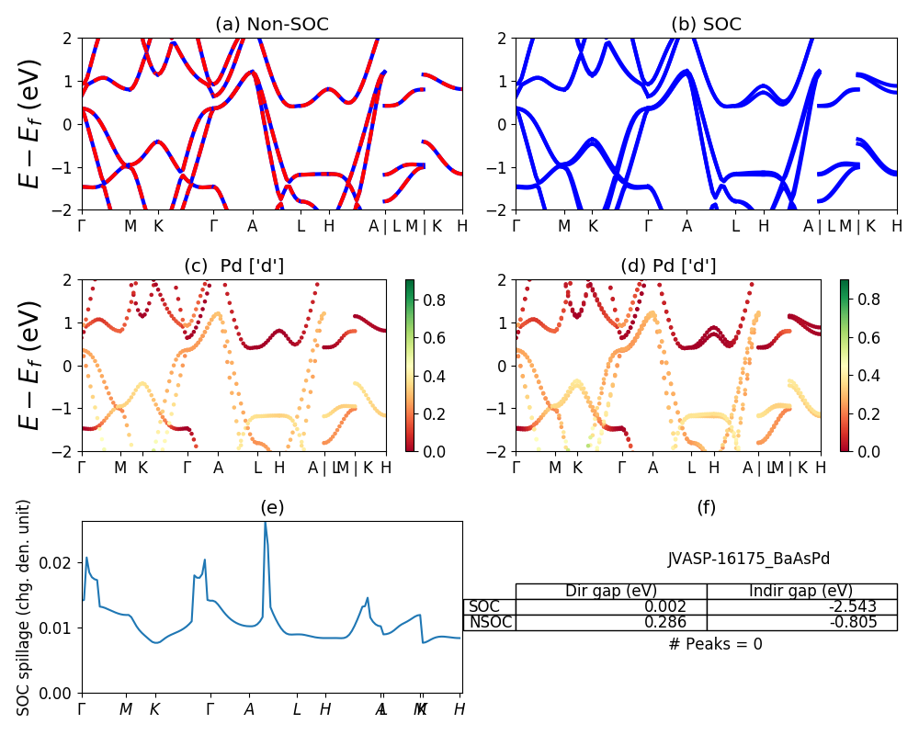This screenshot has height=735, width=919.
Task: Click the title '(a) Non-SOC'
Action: (x=272, y=25)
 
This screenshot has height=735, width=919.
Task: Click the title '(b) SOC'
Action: (x=706, y=25)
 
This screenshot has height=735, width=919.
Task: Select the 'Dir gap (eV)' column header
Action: (x=611, y=591)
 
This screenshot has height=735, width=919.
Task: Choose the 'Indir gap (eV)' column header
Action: (x=801, y=591)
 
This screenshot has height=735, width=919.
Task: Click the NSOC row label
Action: (x=489, y=622)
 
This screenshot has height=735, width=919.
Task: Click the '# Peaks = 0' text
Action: (x=715, y=644)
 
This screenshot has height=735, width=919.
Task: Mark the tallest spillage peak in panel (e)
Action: (x=266, y=523)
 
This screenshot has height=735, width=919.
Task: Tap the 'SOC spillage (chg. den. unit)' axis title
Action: (x=25, y=607)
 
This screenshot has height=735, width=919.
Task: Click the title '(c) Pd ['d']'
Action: (x=234, y=266)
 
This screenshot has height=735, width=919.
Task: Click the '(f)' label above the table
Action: (x=706, y=507)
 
